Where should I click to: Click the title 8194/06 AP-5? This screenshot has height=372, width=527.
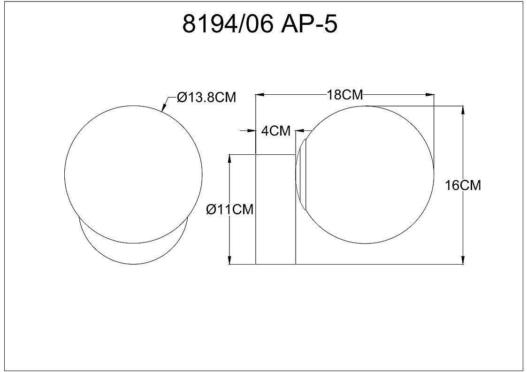[260, 24]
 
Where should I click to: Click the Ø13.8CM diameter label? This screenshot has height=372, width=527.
[206, 98]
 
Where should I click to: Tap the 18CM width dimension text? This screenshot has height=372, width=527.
[345, 95]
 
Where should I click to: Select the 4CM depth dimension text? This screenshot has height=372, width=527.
[275, 130]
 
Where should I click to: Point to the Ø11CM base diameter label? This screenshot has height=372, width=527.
[229, 209]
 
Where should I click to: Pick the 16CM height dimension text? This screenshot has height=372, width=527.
[463, 185]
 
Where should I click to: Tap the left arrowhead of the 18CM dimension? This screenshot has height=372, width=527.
[260, 95]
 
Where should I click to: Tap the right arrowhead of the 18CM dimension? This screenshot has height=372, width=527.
[429, 95]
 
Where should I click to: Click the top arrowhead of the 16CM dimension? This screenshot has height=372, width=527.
[464, 110]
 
